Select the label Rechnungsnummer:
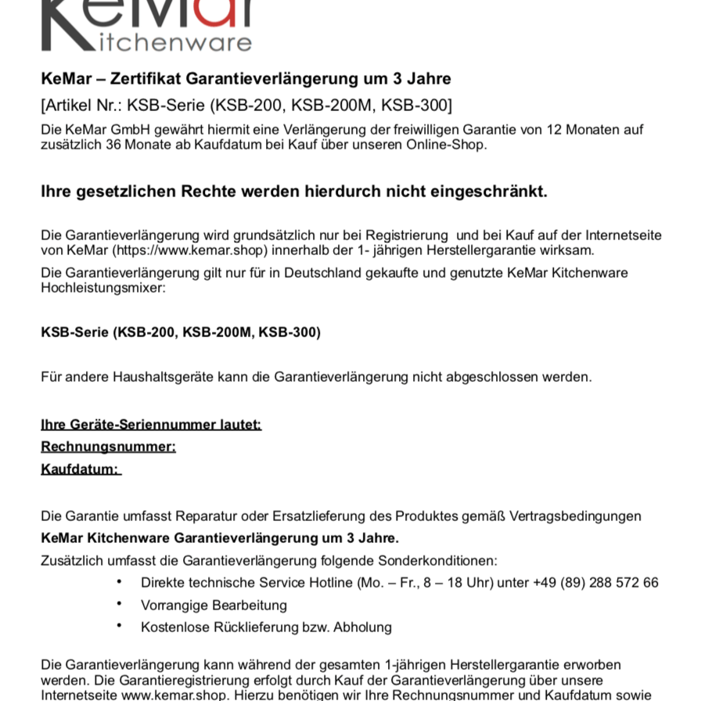pyautogui.click(x=108, y=447)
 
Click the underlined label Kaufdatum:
pyautogui.click(x=80, y=469)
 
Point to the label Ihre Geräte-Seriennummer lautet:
pyautogui.click(x=151, y=425)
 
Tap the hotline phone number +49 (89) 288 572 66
pyautogui.click(x=595, y=583)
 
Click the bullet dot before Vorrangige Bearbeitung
pyautogui.click(x=119, y=604)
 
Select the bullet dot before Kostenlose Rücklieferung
pyautogui.click(x=119, y=626)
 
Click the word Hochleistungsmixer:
pyautogui.click(x=103, y=288)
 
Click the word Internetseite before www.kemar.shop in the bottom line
pyautogui.click(x=80, y=695)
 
